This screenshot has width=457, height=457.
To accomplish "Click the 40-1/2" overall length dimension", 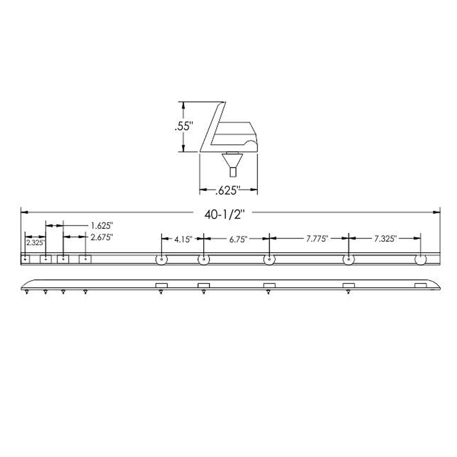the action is [x=224, y=215].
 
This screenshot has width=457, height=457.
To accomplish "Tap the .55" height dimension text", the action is [x=184, y=127].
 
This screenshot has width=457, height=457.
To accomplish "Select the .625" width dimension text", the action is [x=227, y=191].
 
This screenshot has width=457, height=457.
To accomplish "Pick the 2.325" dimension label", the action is [x=36, y=243].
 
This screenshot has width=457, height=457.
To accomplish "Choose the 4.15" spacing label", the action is [x=183, y=239].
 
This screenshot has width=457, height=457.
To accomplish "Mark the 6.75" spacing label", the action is [x=238, y=239].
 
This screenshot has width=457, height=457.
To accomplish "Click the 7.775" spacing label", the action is [x=317, y=239].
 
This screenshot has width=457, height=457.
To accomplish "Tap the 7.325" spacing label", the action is [x=385, y=239].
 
